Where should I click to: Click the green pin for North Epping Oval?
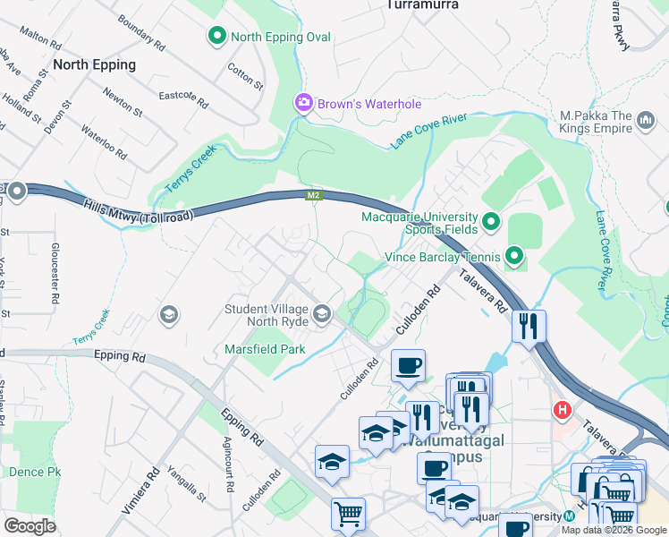click(216, 37)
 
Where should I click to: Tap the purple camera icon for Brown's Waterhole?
click(304, 104)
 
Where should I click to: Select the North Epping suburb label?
click(94, 64)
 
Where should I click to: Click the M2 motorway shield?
click(313, 195)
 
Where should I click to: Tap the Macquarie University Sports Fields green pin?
click(490, 220)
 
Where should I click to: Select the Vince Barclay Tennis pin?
click(513, 258)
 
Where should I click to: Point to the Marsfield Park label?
click(265, 349)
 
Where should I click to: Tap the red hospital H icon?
click(562, 411)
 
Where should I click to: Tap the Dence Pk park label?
click(34, 471)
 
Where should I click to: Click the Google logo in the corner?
click(30, 525)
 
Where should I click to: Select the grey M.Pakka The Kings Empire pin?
click(646, 127)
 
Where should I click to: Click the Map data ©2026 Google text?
click(614, 530)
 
